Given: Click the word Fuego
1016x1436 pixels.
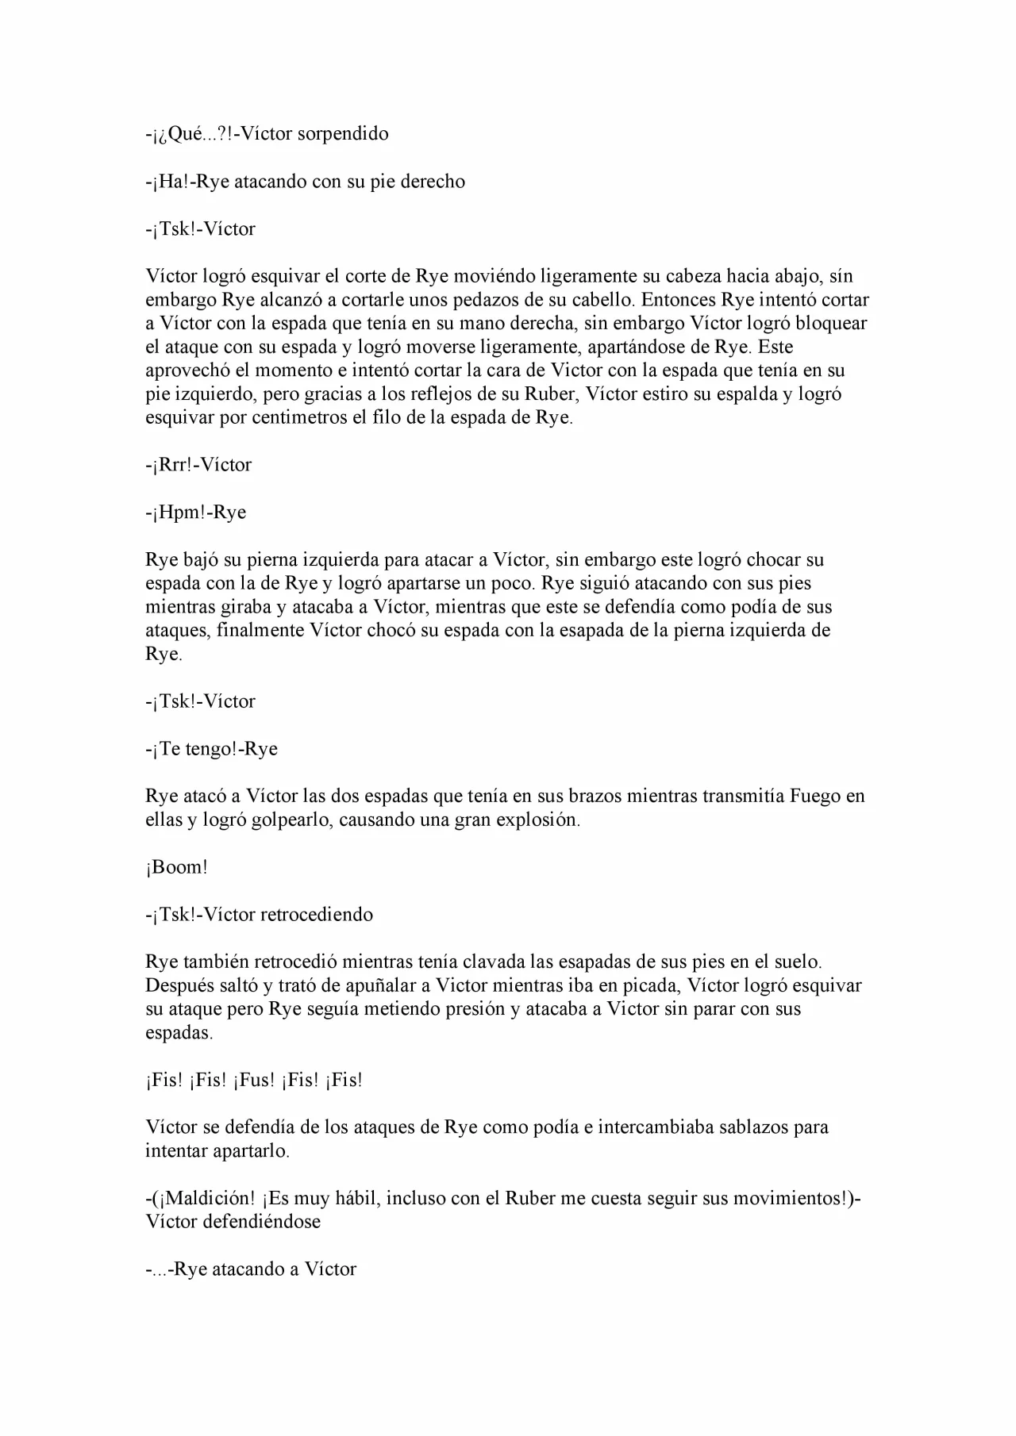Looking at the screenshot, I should (x=814, y=796).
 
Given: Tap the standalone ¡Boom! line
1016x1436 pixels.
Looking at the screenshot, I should (x=176, y=867).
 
